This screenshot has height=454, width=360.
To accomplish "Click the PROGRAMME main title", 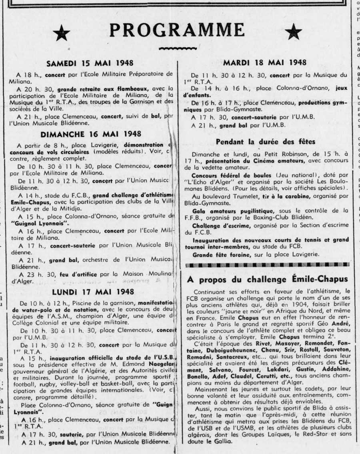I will (x=177, y=30).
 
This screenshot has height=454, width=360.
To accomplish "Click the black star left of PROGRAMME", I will (x=61, y=33).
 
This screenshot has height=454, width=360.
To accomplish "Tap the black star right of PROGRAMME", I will (x=293, y=32).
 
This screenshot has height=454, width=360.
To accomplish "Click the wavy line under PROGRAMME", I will (x=177, y=49).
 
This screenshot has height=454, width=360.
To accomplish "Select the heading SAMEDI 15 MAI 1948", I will (x=90, y=63).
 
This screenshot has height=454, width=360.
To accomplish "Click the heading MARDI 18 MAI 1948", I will (x=265, y=62).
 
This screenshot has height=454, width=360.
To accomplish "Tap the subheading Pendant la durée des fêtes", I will (x=266, y=141).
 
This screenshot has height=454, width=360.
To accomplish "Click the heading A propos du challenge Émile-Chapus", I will (x=267, y=279).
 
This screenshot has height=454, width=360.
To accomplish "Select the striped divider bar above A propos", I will (x=267, y=265).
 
